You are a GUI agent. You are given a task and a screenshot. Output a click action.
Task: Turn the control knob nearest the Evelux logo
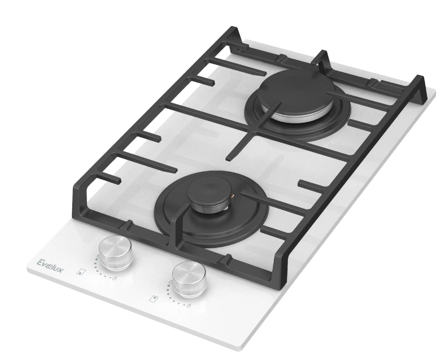point(116,251)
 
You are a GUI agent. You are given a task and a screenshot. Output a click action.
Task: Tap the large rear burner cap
point(293,90)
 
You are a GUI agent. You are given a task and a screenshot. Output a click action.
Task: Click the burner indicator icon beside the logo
point(83,271)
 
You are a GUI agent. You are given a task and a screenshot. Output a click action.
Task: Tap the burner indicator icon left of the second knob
point(153,297)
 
